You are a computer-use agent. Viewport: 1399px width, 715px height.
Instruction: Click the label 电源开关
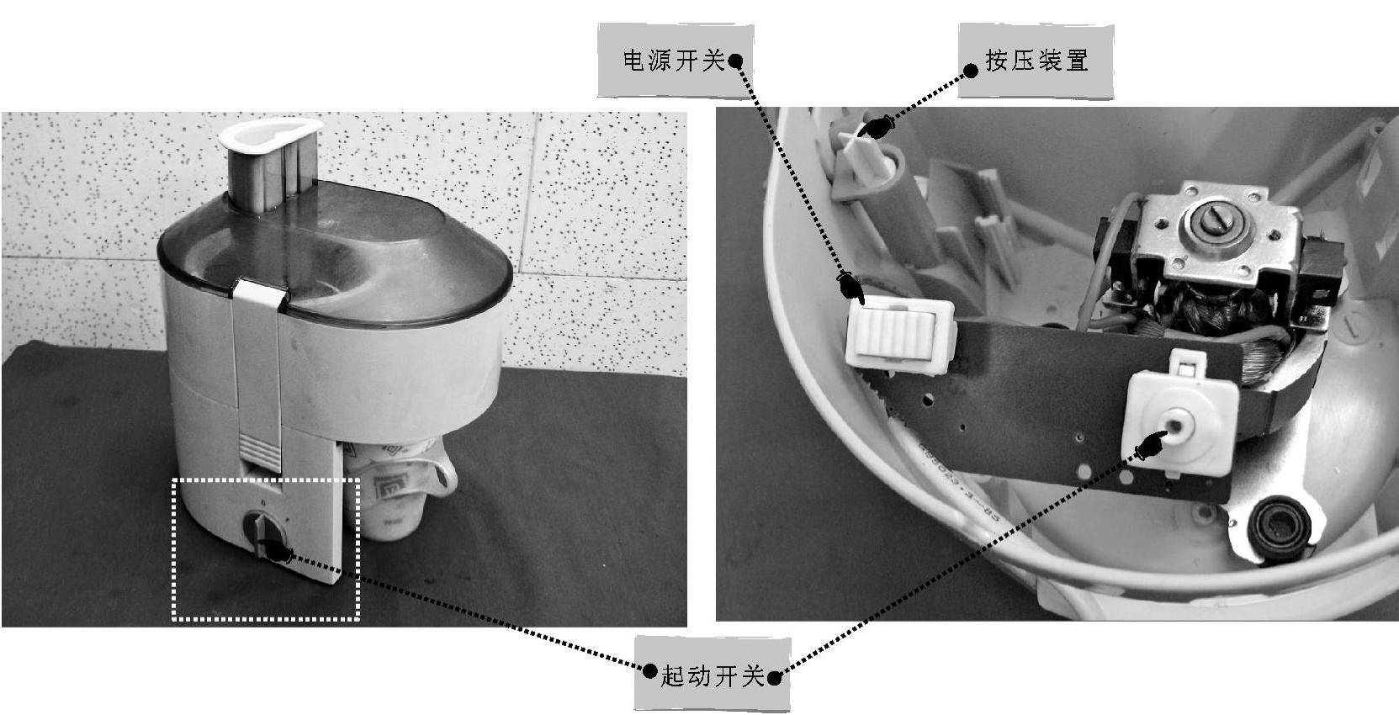[x=674, y=61]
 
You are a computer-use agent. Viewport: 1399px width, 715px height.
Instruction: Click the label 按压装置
[x=1036, y=61]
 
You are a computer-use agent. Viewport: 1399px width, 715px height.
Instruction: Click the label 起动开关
[x=712, y=675]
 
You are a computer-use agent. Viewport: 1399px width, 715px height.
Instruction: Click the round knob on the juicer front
[x=265, y=535]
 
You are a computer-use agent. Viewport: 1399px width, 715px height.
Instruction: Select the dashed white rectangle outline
[x=172, y=549]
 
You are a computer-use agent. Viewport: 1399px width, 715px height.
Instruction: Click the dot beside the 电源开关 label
[x=736, y=61]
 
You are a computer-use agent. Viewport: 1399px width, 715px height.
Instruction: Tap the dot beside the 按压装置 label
[x=971, y=71]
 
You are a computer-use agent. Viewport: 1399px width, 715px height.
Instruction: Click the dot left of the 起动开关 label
[x=650, y=671]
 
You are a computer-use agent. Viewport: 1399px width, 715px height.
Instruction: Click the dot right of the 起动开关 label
[x=774, y=677]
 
